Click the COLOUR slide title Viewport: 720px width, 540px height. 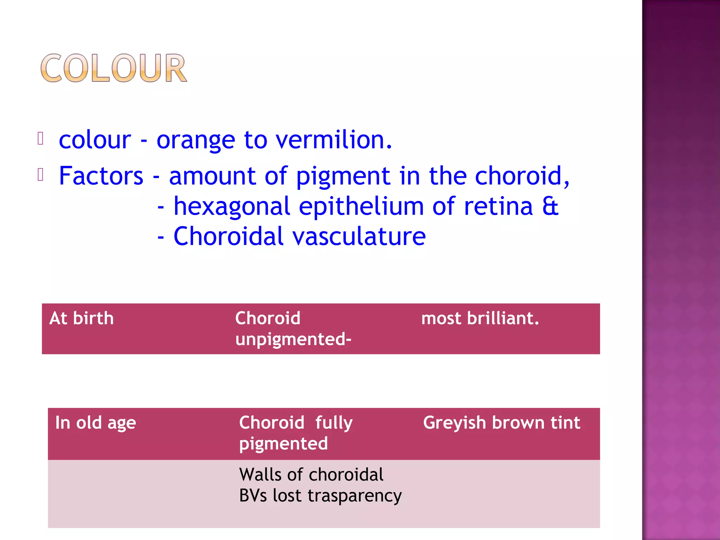point(114,68)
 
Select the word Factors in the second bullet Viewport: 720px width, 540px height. point(101,176)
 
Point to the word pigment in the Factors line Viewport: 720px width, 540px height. point(343,176)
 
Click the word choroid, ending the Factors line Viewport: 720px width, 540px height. point(522,176)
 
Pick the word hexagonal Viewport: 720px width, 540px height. point(232,207)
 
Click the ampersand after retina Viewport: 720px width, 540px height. point(550,206)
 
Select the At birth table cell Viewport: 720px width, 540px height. point(82,319)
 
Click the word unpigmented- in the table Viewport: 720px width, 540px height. point(293,340)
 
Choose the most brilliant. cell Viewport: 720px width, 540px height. point(480,319)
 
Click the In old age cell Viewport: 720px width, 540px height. point(96,423)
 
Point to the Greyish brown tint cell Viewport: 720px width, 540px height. point(501,423)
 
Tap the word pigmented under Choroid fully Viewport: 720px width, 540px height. point(283,444)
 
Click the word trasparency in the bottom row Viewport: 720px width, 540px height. point(354,496)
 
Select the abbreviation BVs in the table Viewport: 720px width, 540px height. point(253,496)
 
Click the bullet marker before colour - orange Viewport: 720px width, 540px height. point(40,139)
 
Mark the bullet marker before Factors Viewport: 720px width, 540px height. point(40,175)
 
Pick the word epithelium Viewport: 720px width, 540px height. point(361,207)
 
